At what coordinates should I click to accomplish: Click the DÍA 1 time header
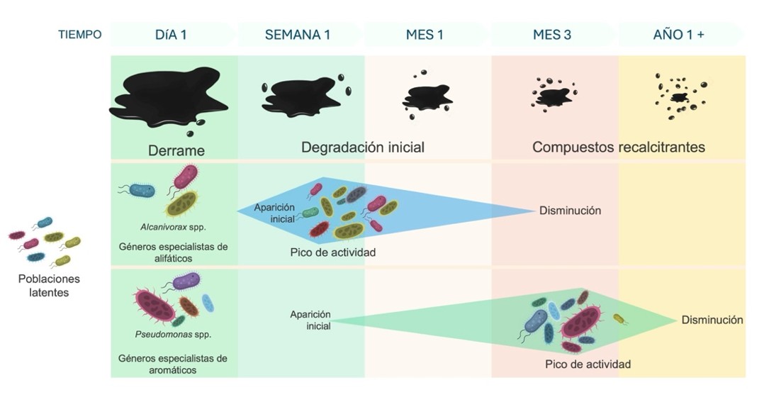pos(171,35)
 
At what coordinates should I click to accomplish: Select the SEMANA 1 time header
pos(298,35)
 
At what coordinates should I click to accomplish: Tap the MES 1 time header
pos(425,35)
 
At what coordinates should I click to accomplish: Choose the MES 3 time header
pos(552,35)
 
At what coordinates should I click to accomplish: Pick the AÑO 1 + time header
pos(678,35)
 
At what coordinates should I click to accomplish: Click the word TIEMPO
pos(79,35)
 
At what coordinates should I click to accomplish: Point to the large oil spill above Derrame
pos(169,98)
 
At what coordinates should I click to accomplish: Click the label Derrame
pos(176,150)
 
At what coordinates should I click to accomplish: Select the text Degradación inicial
pos(363,147)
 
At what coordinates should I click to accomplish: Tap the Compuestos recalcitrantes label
pos(619,147)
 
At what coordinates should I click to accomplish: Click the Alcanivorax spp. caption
pos(173,227)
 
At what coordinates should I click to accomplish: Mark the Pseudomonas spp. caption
pos(173,335)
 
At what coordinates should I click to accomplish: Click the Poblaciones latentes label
pos(49,286)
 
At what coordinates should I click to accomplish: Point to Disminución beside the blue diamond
pos(571,211)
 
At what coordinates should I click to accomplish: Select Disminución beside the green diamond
pos(712,320)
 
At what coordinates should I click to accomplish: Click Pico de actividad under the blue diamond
pos(332,252)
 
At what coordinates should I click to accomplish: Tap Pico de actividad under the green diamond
pos(588,364)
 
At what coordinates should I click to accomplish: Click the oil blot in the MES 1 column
pos(427,96)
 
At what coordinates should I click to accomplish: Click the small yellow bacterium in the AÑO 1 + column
pos(619,319)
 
